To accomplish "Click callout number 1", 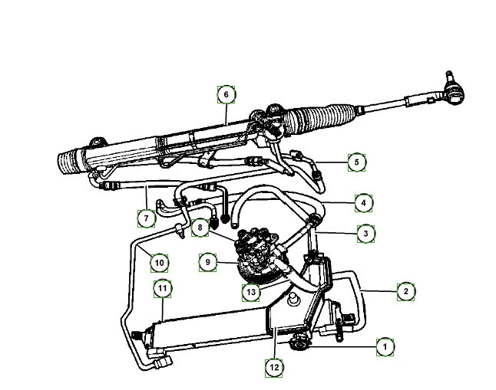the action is point(385,347).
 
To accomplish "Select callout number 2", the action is point(406,291).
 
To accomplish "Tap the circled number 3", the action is point(365,234).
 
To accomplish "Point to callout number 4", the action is point(363,203).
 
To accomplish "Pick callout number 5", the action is point(356,162).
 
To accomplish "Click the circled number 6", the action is point(227,94).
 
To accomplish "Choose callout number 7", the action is point(146,218).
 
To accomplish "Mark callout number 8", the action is point(200,228).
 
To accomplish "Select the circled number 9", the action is point(207,262).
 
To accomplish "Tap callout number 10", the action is point(159,263).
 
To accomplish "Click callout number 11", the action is point(162,289).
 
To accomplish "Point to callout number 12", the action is point(274,368).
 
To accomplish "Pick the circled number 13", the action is point(251,292).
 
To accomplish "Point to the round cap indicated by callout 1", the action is point(298,343).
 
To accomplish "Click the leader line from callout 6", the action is point(227,113).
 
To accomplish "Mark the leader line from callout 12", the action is point(275,343).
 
